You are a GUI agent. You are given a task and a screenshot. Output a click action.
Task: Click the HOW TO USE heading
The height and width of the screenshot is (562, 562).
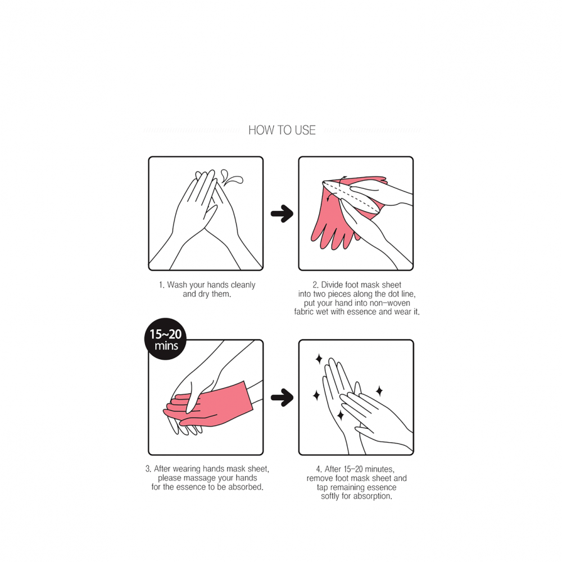[x=282, y=130]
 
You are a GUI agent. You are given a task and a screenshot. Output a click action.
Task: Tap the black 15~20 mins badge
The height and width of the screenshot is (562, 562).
[x=165, y=339]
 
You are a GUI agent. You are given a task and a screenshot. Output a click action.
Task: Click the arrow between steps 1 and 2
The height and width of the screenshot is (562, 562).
[x=282, y=214]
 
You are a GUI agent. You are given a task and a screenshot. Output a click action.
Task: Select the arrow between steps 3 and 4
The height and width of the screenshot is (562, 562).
[x=282, y=397]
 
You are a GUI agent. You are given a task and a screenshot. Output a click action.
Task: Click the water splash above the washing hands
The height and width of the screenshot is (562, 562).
[x=232, y=178]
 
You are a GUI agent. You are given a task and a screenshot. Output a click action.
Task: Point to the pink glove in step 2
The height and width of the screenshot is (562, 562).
[x=344, y=211]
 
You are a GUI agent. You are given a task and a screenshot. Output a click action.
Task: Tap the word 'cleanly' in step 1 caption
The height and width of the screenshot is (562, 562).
[x=243, y=285]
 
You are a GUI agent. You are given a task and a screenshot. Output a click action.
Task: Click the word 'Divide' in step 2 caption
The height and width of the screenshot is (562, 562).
[x=332, y=285]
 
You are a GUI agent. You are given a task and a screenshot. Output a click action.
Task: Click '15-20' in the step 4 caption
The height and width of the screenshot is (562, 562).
[x=353, y=469]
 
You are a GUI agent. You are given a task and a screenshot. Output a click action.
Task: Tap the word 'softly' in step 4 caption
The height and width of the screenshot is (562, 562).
[x=330, y=496]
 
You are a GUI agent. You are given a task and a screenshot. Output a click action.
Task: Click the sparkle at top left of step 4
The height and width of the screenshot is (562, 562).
[x=319, y=359]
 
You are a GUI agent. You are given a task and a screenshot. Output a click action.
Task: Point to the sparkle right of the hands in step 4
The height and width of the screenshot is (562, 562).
[x=379, y=391]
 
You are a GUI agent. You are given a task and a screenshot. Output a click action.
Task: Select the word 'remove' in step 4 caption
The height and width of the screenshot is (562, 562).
[x=319, y=478]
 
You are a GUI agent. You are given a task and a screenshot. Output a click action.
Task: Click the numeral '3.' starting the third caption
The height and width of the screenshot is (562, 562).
[x=148, y=469]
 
